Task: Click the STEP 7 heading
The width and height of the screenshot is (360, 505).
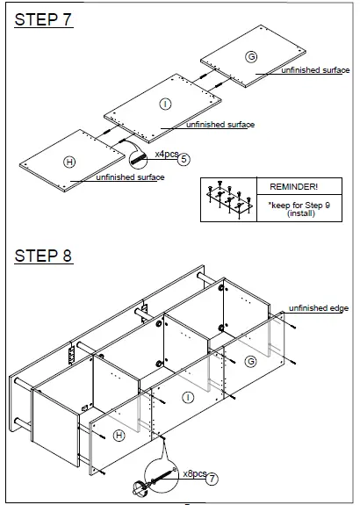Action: pyautogui.click(x=43, y=21)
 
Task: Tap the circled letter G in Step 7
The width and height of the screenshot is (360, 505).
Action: pyautogui.click(x=251, y=57)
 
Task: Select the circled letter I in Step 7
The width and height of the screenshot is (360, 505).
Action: pyautogui.click(x=164, y=105)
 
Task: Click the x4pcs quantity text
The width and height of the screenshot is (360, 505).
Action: pyautogui.click(x=166, y=155)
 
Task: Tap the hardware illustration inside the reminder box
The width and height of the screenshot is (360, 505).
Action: pyautogui.click(x=227, y=200)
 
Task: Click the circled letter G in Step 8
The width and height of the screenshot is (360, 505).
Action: pyautogui.click(x=251, y=362)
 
